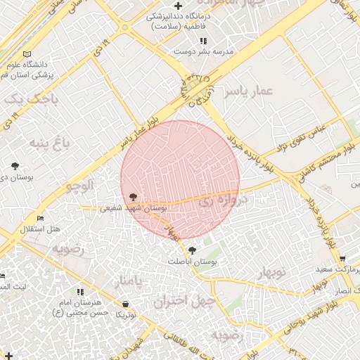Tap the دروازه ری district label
click(223, 200)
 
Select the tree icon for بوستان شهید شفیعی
click(133, 198)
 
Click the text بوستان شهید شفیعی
click(133, 208)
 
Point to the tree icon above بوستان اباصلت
click(192, 250)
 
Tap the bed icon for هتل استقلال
click(41, 219)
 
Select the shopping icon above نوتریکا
click(126, 304)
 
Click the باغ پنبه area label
click(49, 143)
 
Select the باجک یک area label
click(27, 100)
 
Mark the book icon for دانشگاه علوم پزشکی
click(27, 54)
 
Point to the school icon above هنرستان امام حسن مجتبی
click(80, 292)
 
